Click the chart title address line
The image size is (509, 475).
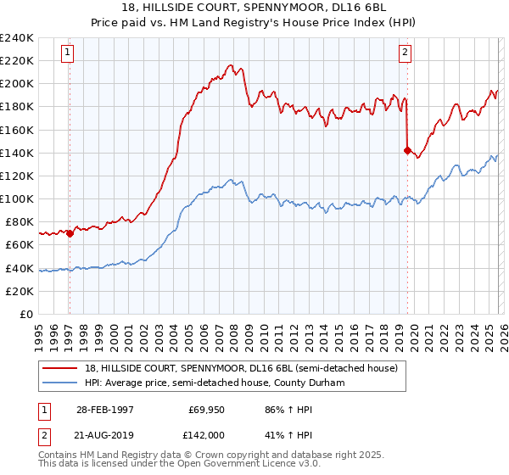255,8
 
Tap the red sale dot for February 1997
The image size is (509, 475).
70,234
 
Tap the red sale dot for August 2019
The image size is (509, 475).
407,150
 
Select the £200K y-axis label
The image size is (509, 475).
17,83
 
